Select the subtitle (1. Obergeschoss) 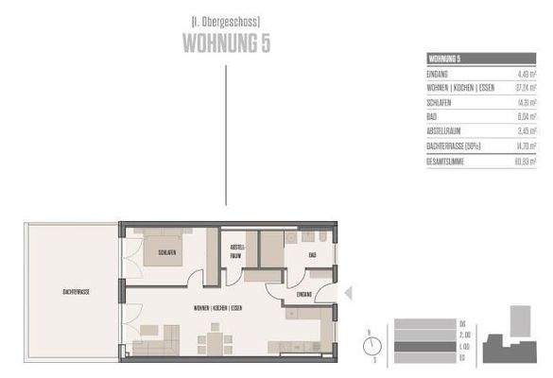click(225, 20)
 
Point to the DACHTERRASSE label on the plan click(71, 293)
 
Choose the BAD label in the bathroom click(312, 254)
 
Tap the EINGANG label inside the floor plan click(304, 295)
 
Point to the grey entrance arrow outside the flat click(347, 294)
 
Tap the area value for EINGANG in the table click(526, 73)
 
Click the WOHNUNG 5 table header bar click(481, 58)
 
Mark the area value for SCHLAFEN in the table click(526, 102)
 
